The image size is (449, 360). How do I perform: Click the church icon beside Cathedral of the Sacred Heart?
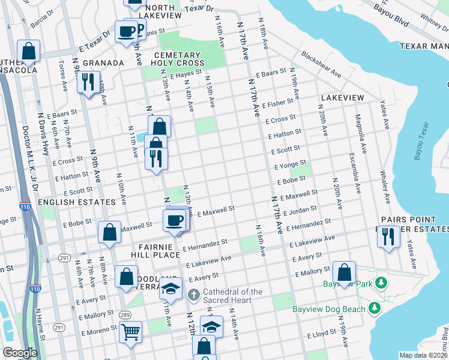tap(193, 295)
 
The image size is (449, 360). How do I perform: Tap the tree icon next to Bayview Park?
tap(380, 282)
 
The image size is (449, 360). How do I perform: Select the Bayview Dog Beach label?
tap(329, 309)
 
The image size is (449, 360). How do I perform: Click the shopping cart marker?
tap(130, 331)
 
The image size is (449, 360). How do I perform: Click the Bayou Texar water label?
tap(422, 142)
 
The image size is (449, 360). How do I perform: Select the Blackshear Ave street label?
tap(321, 64)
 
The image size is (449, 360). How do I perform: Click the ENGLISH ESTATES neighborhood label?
tap(76, 202)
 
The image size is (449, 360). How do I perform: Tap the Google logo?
tap(20, 353)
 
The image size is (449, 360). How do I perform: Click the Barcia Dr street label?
tap(41, 19)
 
